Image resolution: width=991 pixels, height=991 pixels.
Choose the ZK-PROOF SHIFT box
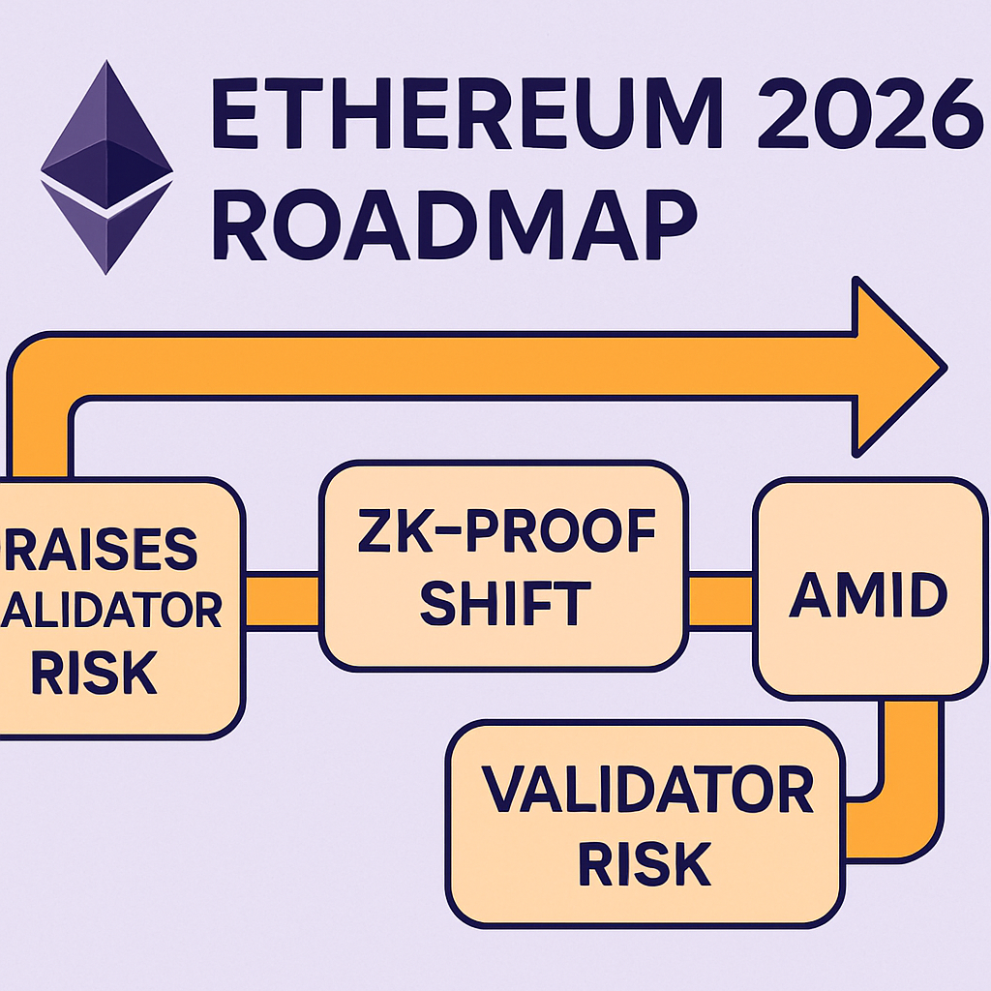click(503, 566)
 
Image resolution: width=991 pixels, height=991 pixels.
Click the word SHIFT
click(505, 602)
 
